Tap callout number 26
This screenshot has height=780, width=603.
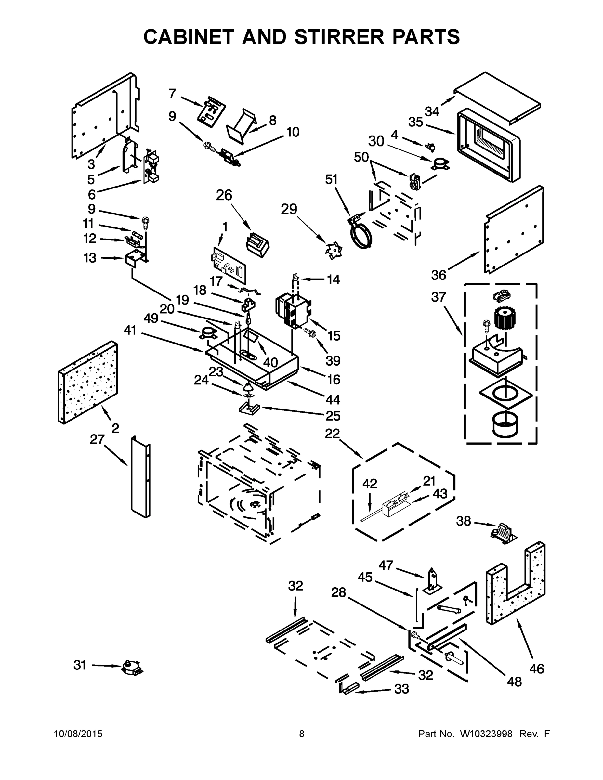[224, 195]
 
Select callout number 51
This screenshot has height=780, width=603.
[331, 179]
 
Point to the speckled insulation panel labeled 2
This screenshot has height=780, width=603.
[88, 383]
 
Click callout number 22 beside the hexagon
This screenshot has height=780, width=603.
[332, 434]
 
